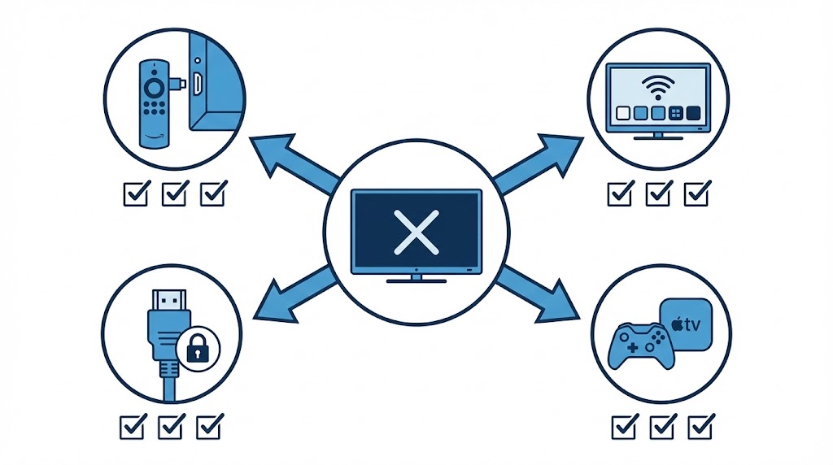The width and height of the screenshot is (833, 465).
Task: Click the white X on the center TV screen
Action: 416,230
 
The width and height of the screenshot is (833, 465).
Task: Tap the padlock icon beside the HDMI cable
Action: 194,349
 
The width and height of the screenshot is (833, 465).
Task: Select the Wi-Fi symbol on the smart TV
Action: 660,85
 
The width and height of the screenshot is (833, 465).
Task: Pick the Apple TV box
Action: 685,324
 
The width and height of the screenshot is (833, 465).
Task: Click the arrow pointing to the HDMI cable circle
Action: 290,292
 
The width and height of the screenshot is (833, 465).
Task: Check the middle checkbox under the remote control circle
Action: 174,193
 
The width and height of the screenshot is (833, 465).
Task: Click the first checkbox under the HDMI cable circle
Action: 133,425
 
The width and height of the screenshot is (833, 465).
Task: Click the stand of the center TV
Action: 416,278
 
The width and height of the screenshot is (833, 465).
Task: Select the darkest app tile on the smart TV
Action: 693,113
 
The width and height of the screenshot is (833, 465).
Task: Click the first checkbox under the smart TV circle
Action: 620,193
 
